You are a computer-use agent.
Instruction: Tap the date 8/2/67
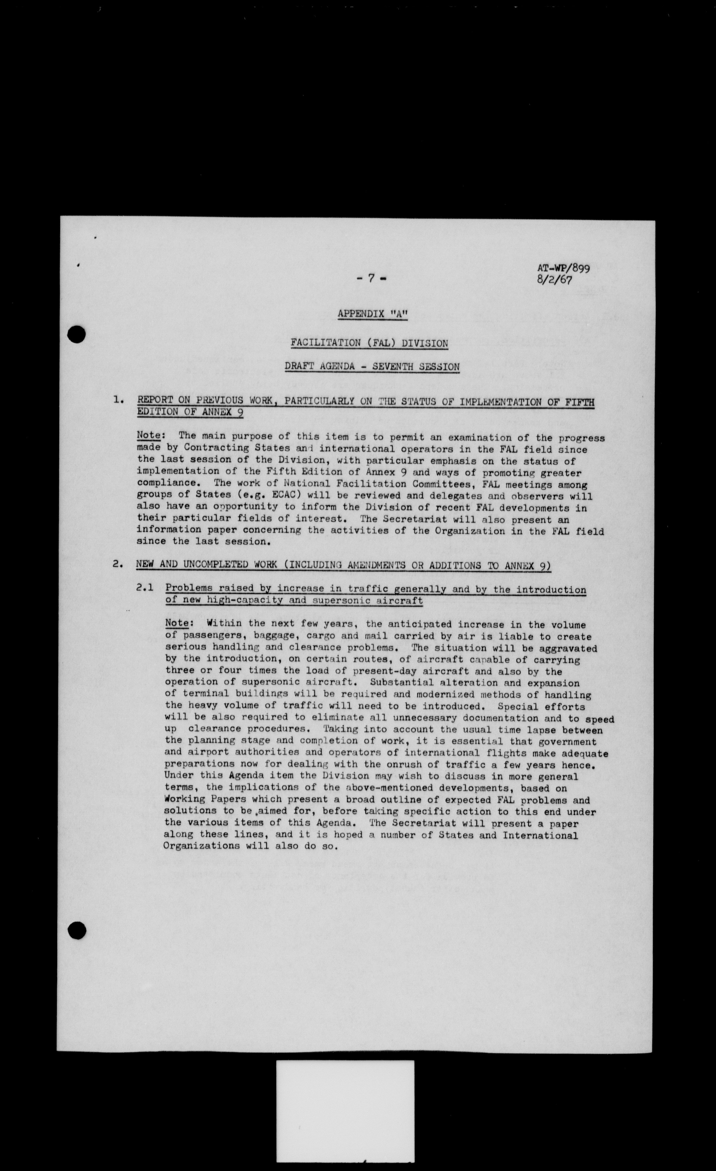tap(554, 279)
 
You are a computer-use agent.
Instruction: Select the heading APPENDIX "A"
tap(372, 314)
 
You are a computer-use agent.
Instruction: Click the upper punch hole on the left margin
tap(77, 335)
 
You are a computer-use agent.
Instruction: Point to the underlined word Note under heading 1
tap(148, 435)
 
